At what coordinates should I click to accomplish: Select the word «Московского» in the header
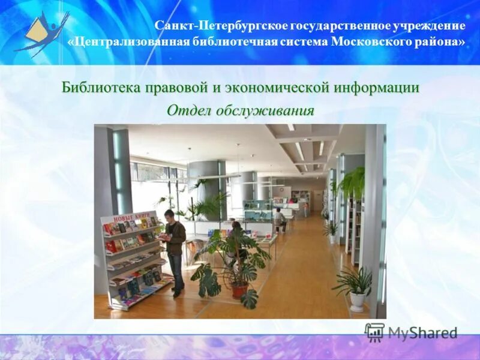point(373,42)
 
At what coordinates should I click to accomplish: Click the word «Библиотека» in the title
point(101,88)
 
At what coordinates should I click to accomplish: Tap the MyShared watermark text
point(422,332)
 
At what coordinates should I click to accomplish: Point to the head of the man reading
point(169,215)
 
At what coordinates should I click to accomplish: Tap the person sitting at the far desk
point(278,217)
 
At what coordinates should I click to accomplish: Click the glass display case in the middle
point(258,210)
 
